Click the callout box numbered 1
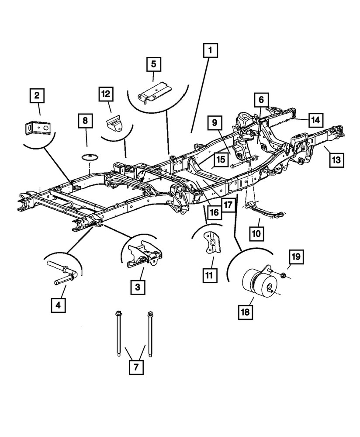(210, 52)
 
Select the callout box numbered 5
(153, 64)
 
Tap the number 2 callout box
(37, 95)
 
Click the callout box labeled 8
(86, 120)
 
